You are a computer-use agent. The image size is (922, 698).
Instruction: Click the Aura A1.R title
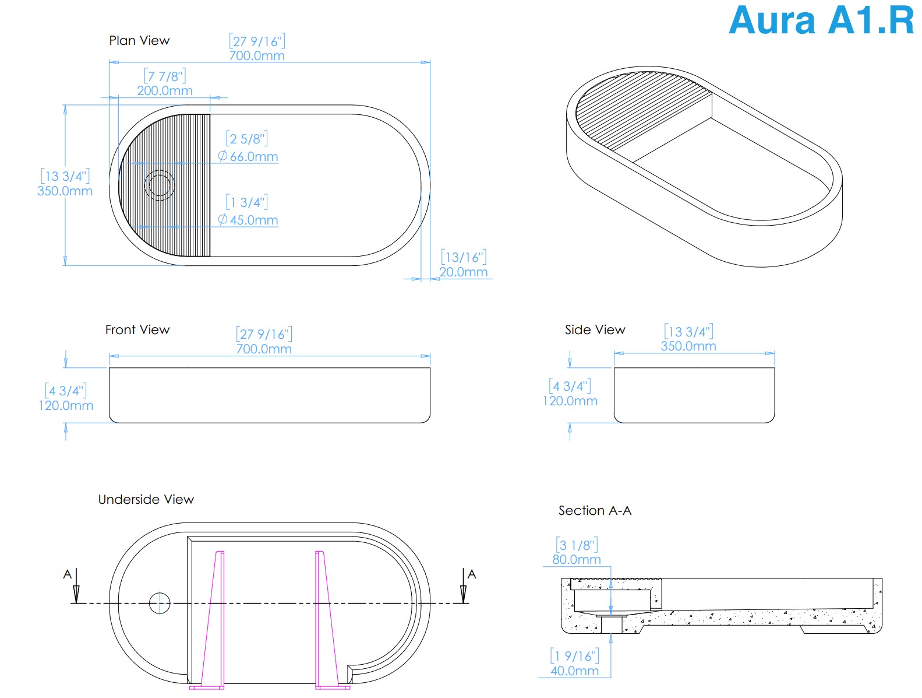[821, 20]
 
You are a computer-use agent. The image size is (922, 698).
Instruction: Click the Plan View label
[139, 40]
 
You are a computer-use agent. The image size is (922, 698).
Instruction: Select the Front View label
[137, 329]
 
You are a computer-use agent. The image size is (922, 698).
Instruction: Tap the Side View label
[595, 329]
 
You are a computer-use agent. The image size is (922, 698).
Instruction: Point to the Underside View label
[146, 499]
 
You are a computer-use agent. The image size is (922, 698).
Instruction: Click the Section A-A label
[595, 510]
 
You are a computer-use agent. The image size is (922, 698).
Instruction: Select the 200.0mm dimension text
[165, 90]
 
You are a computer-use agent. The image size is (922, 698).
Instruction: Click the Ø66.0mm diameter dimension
[248, 156]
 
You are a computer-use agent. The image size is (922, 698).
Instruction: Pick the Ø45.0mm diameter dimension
[248, 220]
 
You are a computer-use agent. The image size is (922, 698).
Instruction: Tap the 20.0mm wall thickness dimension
[463, 272]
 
